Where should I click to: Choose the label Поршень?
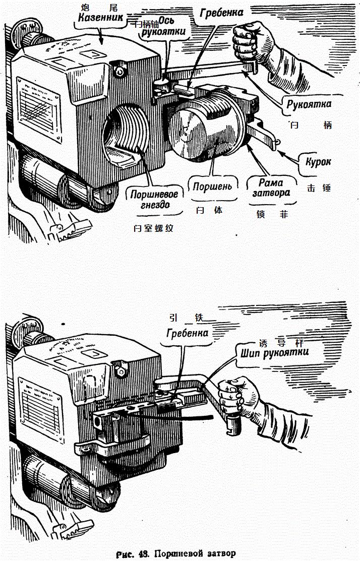point(213,186)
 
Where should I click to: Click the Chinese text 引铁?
point(189,318)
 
